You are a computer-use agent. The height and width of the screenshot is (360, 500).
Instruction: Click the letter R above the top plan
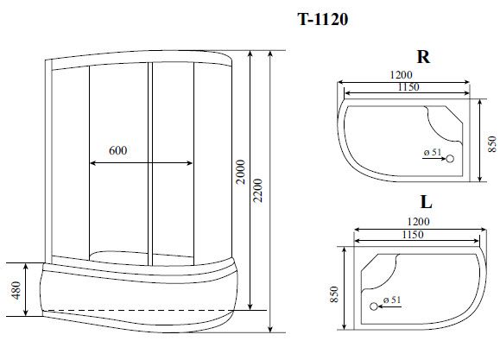(x=423, y=58)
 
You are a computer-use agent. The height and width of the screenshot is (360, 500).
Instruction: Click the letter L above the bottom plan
(x=426, y=204)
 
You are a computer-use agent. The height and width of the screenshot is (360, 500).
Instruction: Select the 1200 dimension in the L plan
(x=412, y=221)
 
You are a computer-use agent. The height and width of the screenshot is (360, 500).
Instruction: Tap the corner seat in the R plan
(x=446, y=122)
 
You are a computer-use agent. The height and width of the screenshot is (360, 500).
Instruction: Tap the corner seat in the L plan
(x=381, y=268)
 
